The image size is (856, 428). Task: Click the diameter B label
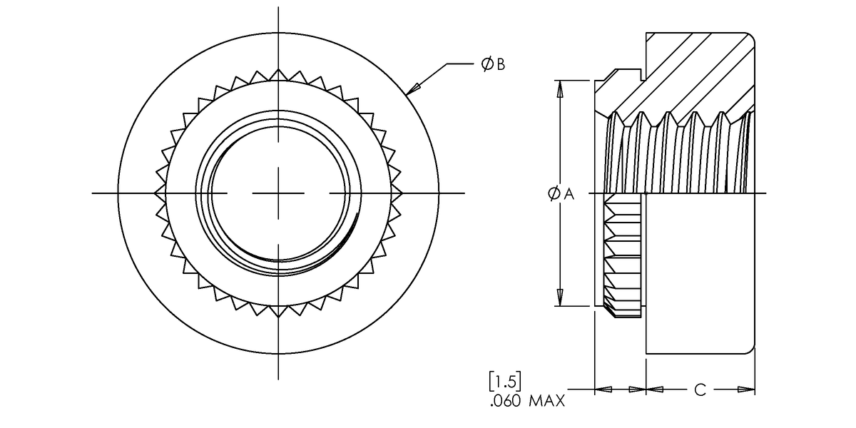click(x=493, y=65)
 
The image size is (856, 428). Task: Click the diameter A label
click(x=561, y=193)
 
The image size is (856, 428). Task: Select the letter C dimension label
click(x=700, y=390)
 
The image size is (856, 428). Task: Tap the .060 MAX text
click(x=528, y=402)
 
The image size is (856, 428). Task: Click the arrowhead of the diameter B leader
click(x=413, y=88)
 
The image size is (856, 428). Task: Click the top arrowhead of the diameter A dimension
click(x=561, y=88)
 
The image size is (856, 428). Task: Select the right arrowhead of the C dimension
click(x=746, y=390)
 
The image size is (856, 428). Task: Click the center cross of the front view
click(x=278, y=193)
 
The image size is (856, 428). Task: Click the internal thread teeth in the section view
click(x=678, y=153)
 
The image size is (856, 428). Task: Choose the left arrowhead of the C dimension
click(x=655, y=390)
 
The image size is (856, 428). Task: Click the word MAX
click(x=547, y=402)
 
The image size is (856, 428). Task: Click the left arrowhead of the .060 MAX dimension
click(x=603, y=390)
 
